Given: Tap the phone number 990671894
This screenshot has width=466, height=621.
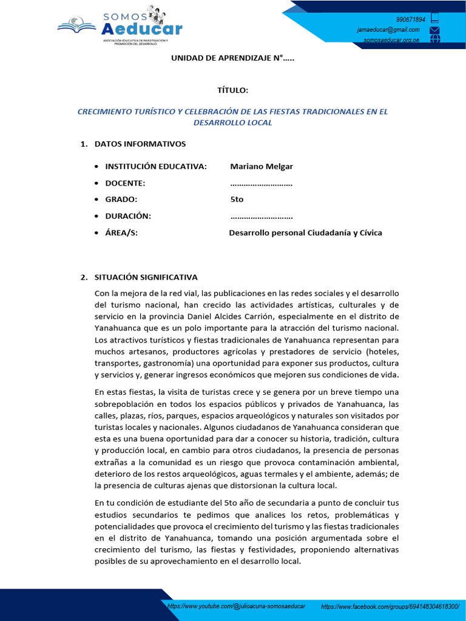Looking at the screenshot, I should [x=411, y=19].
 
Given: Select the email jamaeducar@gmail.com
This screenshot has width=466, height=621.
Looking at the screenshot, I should [x=388, y=30].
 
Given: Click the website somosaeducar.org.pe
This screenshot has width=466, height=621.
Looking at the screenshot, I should [x=391, y=41].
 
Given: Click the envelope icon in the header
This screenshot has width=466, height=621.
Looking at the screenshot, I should [x=434, y=30].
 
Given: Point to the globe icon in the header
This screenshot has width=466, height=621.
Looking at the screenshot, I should [x=434, y=39].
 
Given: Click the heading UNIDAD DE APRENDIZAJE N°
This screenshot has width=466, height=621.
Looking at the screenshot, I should [x=232, y=58].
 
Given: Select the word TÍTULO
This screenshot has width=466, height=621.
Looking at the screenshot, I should [x=232, y=90].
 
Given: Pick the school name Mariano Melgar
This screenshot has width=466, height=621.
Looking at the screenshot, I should [x=262, y=166].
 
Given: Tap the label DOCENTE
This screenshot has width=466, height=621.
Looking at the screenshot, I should [x=125, y=183].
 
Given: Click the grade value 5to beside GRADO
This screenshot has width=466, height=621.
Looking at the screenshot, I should [x=237, y=200].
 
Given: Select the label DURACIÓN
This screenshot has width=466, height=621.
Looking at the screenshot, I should [x=128, y=216].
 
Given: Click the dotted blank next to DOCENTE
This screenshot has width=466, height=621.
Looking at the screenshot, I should [x=262, y=183].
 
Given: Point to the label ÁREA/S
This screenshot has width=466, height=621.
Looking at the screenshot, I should [x=121, y=232].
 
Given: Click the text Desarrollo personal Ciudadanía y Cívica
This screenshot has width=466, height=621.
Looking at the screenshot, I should [x=305, y=232].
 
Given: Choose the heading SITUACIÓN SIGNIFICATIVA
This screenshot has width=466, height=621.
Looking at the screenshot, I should [x=146, y=277].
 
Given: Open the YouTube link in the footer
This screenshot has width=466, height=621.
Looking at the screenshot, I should [x=236, y=606].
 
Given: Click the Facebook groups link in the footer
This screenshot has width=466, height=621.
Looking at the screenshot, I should [x=390, y=606].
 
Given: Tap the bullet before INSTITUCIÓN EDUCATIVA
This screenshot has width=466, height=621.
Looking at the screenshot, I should [x=97, y=167].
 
